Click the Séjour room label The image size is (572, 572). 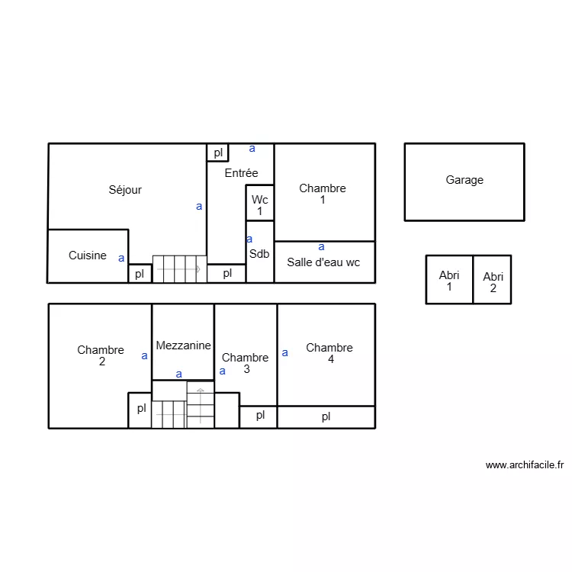pyautogui.click(x=125, y=190)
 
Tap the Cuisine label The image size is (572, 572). pyautogui.click(x=88, y=255)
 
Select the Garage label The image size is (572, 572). pyautogui.click(x=464, y=180)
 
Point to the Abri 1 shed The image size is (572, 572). pyautogui.click(x=449, y=281)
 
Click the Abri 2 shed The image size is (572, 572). pyautogui.click(x=493, y=282)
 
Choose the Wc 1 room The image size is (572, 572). pyautogui.click(x=260, y=204)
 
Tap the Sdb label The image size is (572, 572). pyautogui.click(x=259, y=254)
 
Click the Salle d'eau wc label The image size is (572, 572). pyautogui.click(x=323, y=262)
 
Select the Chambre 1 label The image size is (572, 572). pyautogui.click(x=323, y=194)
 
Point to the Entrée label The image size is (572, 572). pyautogui.click(x=241, y=173)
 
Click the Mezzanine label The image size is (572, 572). pyautogui.click(x=183, y=345)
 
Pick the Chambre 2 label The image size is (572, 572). pyautogui.click(x=101, y=355)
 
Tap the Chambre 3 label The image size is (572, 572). pyautogui.click(x=245, y=363)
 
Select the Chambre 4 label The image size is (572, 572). pyautogui.click(x=329, y=353)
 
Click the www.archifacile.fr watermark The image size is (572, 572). pyautogui.click(x=524, y=464)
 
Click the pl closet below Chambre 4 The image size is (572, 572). pyautogui.click(x=326, y=416)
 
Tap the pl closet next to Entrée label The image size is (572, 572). pyautogui.click(x=218, y=153)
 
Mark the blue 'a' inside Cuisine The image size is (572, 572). pyautogui.click(x=121, y=258)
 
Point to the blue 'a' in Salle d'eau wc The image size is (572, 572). pyautogui.click(x=321, y=246)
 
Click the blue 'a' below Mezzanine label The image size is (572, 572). pyautogui.click(x=179, y=374)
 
